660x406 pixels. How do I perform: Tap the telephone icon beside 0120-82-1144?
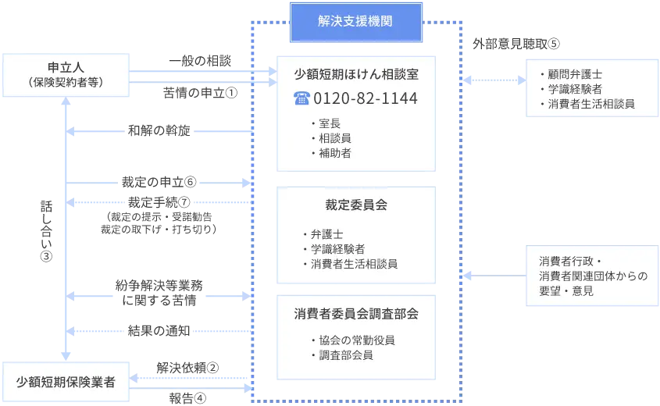[x=301, y=99]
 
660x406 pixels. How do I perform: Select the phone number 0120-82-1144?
[x=365, y=99]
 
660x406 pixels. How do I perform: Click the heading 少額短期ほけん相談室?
[x=355, y=75]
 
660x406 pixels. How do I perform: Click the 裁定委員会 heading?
[x=356, y=205]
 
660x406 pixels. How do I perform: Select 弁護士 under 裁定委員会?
[x=326, y=233]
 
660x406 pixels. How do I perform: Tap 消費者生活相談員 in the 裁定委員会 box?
[x=354, y=264]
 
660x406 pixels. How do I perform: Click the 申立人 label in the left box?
[x=66, y=66]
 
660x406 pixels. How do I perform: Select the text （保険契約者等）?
[x=66, y=81]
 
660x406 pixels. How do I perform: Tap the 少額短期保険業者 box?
[x=66, y=382]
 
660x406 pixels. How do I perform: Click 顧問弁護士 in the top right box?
[x=575, y=74]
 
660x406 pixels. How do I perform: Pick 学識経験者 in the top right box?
[x=575, y=89]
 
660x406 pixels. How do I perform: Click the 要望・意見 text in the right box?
[x=566, y=290]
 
